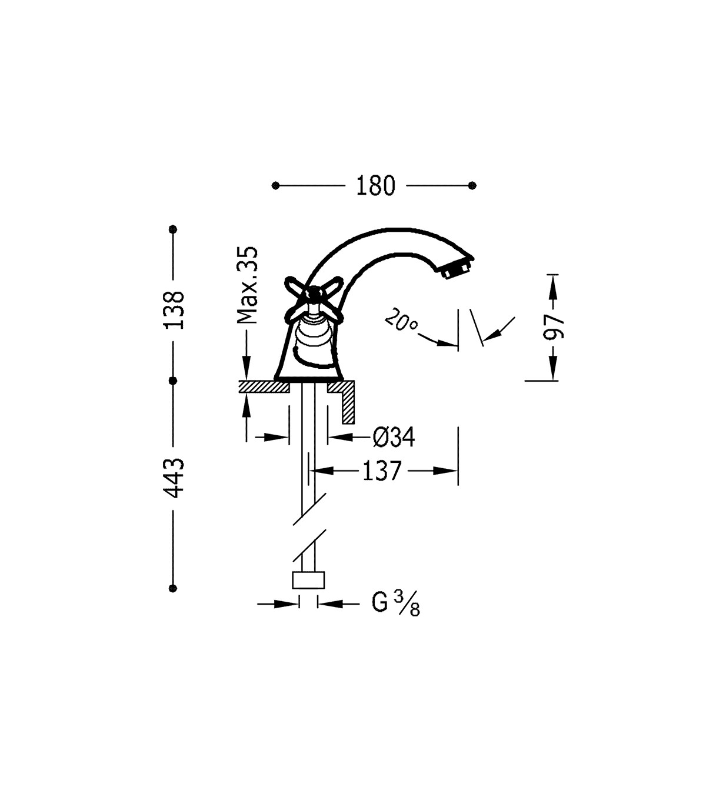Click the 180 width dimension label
375,186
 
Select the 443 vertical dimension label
174,478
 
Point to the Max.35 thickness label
247,285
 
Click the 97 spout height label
554,328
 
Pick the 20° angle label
401,321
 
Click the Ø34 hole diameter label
394,438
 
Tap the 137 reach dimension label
381,471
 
